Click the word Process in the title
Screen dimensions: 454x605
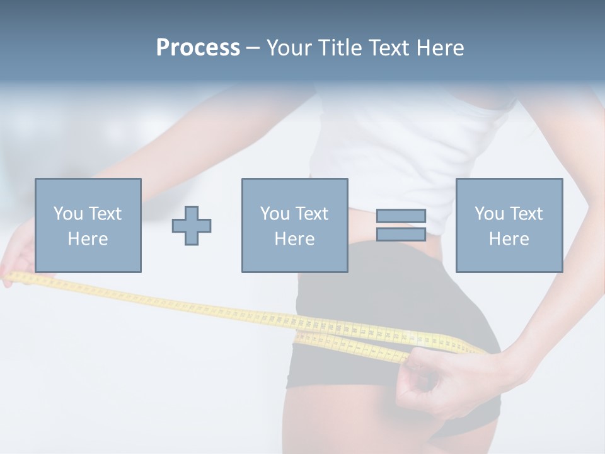[198, 48]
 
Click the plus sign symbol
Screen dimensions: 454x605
[192, 226]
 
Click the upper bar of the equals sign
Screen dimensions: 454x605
[401, 216]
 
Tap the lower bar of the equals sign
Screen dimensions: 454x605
[401, 235]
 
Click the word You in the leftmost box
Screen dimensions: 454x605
[68, 214]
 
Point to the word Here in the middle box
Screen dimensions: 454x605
[294, 239]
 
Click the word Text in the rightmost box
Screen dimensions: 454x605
[526, 214]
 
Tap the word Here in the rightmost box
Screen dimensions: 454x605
[509, 239]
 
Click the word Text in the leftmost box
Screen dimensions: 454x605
[105, 214]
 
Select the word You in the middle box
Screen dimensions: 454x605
[275, 214]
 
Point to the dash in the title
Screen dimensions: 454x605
[253, 48]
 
